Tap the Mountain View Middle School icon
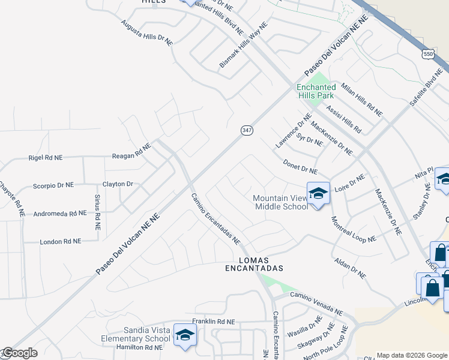pos(318,194)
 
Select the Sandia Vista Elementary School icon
pos(185,335)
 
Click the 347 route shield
pos(247,130)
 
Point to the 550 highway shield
pos(427,55)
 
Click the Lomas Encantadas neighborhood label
pos(253,265)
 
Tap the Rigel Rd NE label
pos(45,158)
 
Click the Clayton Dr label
pos(118,184)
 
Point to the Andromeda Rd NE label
pos(52,213)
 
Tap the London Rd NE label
pos(60,241)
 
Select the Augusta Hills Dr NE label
pos(146,32)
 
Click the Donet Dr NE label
pos(300,167)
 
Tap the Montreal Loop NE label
pos(353,229)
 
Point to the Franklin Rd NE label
pos(214,322)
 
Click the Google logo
pos(19,353)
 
